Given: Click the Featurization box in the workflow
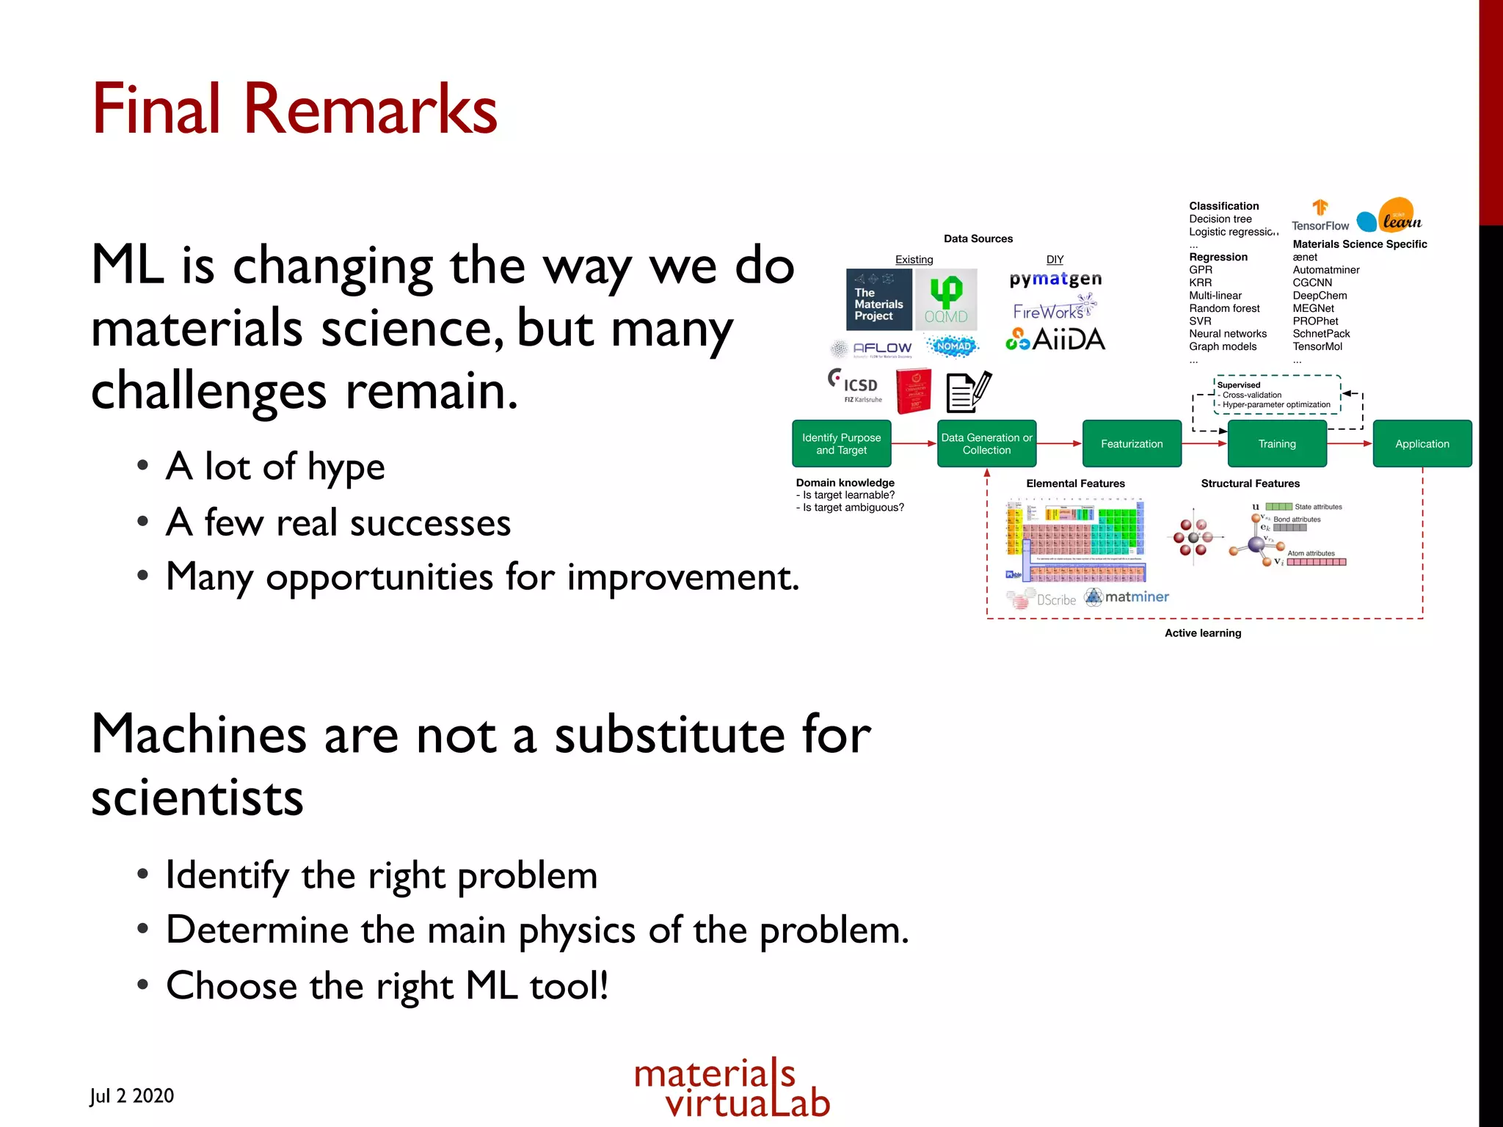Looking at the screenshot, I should (x=1132, y=444).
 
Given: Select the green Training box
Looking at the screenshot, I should (x=1277, y=444).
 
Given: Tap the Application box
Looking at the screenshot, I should (x=1422, y=444).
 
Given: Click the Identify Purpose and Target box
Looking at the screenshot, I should (x=841, y=444).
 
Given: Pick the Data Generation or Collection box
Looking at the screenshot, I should (x=986, y=444).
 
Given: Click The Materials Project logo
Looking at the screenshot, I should (x=878, y=300).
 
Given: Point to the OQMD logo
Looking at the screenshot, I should (x=946, y=300).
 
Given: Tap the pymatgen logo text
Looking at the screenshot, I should (x=1055, y=280).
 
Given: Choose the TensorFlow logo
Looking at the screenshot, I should (x=1320, y=216).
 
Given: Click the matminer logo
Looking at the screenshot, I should (x=1127, y=597).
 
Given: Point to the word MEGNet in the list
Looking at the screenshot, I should (x=1313, y=308).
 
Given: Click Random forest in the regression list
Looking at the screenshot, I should (x=1224, y=308).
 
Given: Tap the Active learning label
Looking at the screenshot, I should (x=1203, y=633).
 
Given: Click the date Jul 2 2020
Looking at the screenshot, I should (x=132, y=1096).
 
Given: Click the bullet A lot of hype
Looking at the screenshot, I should (x=275, y=467).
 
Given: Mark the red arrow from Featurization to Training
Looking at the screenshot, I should (x=1204, y=444).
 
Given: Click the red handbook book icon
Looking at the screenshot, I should (x=914, y=390).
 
